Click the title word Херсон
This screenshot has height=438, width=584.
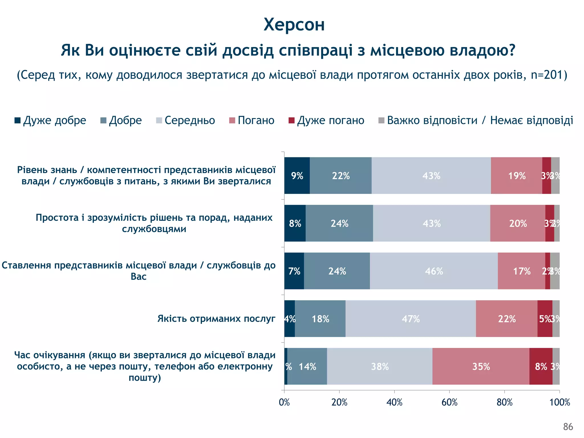pyautogui.click(x=294, y=25)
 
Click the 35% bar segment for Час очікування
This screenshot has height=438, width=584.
pyautogui.click(x=481, y=366)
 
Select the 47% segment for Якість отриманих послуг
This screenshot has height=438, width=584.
pyautogui.click(x=411, y=319)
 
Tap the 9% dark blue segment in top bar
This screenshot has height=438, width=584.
pyautogui.click(x=297, y=176)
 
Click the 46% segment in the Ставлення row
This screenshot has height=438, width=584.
pyautogui.click(x=434, y=271)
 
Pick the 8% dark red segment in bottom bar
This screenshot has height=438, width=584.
pyautogui.click(x=541, y=366)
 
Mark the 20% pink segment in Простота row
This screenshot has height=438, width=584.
pyautogui.click(x=518, y=223)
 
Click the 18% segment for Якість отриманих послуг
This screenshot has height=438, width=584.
pyautogui.click(x=320, y=319)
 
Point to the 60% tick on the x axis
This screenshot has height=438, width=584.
pyautogui.click(x=449, y=402)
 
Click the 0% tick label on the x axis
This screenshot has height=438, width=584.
pyautogui.click(x=284, y=402)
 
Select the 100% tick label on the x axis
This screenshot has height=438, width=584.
pyautogui.click(x=559, y=402)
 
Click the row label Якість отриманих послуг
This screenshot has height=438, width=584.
pyautogui.click(x=216, y=319)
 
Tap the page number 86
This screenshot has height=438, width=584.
pyautogui.click(x=568, y=427)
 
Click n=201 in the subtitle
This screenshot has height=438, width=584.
pyautogui.click(x=547, y=75)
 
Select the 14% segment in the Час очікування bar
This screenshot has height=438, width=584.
pyautogui.click(x=307, y=366)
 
